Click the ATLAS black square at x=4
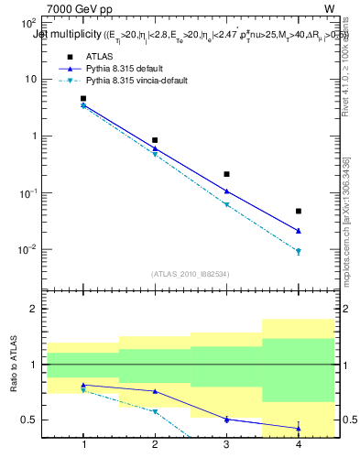click(298, 212)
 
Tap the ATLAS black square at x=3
click(226, 174)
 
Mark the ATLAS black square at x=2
click(155, 140)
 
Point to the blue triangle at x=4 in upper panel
click(298, 231)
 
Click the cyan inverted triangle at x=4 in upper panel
click(298, 251)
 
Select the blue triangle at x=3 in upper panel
click(226, 191)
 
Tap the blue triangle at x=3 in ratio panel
click(226, 419)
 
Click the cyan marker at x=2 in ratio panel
click(155, 412)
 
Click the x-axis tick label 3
click(226, 446)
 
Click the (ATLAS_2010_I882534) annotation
click(191, 273)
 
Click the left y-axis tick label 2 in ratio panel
click(33, 310)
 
